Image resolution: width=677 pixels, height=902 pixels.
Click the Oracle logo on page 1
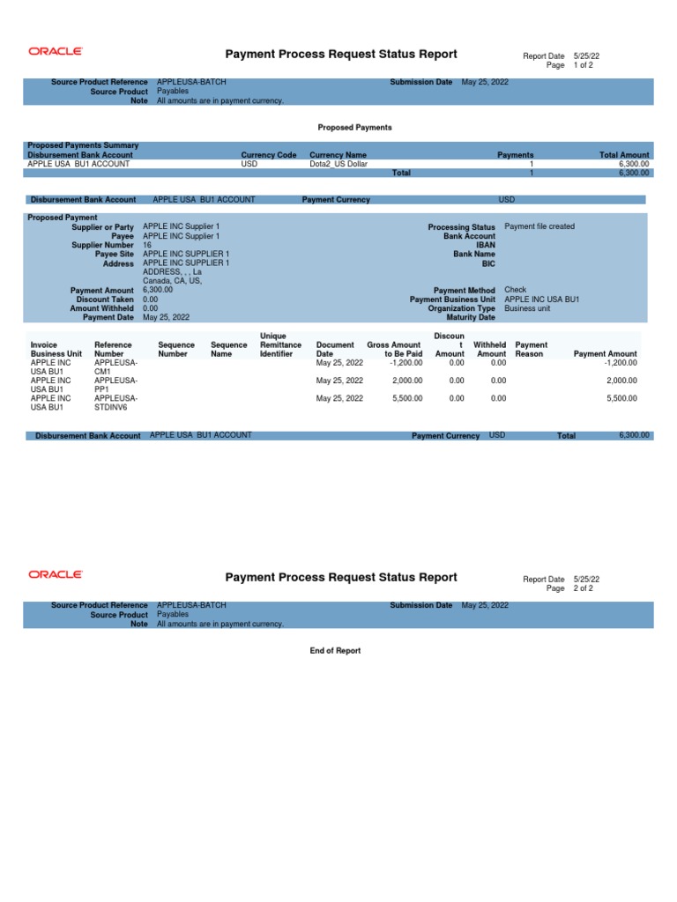56,52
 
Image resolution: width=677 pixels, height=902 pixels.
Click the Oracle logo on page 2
56,574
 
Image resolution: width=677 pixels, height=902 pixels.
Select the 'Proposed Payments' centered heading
354,128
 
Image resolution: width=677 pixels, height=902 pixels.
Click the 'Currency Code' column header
269,155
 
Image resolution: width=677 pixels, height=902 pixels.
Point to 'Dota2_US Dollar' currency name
338,164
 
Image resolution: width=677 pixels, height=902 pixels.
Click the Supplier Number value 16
147,246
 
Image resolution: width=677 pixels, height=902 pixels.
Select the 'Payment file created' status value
539,226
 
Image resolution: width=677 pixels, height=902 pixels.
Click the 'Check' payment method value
515,290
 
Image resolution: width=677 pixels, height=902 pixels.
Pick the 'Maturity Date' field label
472,317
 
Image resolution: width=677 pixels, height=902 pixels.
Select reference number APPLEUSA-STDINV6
115,403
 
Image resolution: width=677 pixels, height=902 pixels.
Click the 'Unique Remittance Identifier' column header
280,345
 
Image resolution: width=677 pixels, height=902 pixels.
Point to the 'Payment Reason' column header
531,350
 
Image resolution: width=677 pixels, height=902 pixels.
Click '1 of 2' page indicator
583,66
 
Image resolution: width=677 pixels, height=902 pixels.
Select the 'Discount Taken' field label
104,299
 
